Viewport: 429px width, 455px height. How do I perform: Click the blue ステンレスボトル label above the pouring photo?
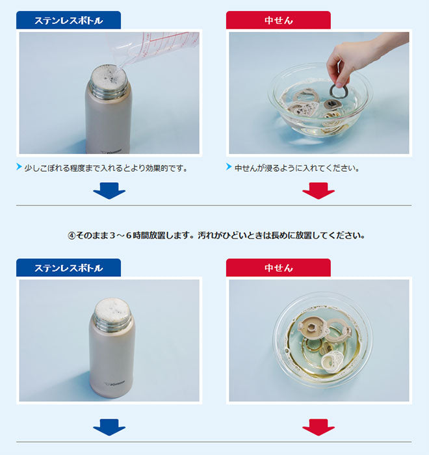pyautogui.click(x=68, y=21)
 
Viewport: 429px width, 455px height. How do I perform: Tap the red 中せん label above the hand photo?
pyautogui.click(x=278, y=21)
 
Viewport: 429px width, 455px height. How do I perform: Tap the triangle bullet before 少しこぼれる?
pyautogui.click(x=19, y=168)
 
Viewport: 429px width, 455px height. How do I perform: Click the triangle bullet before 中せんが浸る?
pyautogui.click(x=229, y=168)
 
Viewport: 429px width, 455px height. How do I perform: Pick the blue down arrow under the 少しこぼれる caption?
pyautogui.click(x=109, y=190)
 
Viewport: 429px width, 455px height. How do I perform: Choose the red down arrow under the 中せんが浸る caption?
pyautogui.click(x=318, y=190)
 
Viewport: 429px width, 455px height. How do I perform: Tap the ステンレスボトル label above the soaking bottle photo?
pyautogui.click(x=68, y=268)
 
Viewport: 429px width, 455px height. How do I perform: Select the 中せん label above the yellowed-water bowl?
pyautogui.click(x=278, y=268)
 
